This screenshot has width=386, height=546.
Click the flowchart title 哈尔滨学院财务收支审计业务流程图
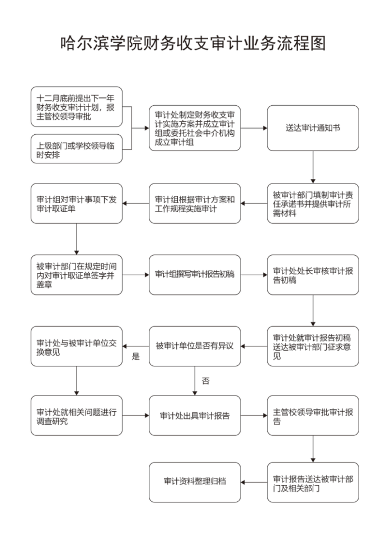pyautogui.click(x=193, y=43)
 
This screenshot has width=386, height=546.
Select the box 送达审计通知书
pyautogui.click(x=313, y=128)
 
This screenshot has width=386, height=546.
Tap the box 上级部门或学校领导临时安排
pyautogui.click(x=77, y=149)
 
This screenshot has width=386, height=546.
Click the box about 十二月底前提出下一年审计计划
pyautogui.click(x=77, y=107)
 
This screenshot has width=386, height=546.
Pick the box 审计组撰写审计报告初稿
pyautogui.click(x=195, y=275)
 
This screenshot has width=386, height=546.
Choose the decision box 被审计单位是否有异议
pyautogui.click(x=195, y=346)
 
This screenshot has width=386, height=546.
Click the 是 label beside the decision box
pyautogui.click(x=136, y=356)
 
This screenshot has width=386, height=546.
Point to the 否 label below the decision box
pyautogui.click(x=206, y=381)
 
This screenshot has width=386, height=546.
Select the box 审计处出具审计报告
pyautogui.click(x=195, y=416)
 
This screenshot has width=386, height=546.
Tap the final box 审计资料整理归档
pyautogui.click(x=195, y=482)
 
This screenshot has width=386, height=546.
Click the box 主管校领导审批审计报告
pyautogui.click(x=313, y=416)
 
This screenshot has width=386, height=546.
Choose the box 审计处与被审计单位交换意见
pyautogui.click(x=77, y=346)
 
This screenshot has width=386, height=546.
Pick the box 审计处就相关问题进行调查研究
pyautogui.click(x=77, y=416)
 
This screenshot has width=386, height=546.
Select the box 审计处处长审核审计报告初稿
pyautogui.click(x=313, y=275)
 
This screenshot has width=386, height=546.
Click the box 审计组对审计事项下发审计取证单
pyautogui.click(x=77, y=204)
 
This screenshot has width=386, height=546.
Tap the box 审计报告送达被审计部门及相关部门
pyautogui.click(x=313, y=482)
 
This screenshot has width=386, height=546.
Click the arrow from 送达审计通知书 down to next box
pyautogui.click(x=313, y=167)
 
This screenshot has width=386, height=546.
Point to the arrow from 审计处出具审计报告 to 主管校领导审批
pyautogui.click(x=254, y=416)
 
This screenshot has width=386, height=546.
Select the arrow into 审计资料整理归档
pyautogui.click(x=254, y=482)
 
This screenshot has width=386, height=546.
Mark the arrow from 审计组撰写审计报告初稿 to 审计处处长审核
pyautogui.click(x=254, y=275)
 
